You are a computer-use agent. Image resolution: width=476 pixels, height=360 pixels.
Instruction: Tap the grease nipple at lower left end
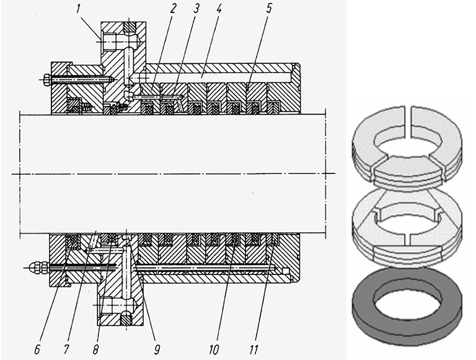pyautogui.click(x=35, y=267)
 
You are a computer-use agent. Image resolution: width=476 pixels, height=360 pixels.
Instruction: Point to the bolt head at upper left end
pyautogui.click(x=46, y=79)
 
